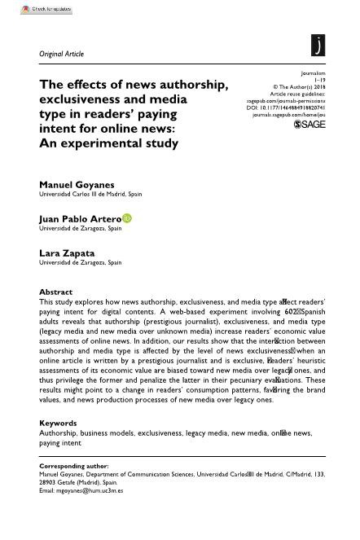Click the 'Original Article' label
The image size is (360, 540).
tap(61, 54)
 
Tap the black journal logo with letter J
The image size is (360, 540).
tap(318, 46)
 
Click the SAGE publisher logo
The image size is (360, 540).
tap(310, 125)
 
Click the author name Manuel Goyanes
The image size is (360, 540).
tap(77, 185)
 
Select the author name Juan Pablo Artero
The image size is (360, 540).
tap(80, 219)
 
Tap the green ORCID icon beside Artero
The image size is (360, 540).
tap(127, 218)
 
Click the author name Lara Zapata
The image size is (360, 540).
tap(67, 253)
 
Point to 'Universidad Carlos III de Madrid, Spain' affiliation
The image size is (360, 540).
tap(90, 195)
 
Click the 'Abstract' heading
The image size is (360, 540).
tap(55, 292)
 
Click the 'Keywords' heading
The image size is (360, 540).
tap(58, 424)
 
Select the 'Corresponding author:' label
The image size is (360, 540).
tap(74, 467)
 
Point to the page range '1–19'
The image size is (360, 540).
tap(318, 80)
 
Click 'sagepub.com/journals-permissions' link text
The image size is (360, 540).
tap(286, 101)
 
